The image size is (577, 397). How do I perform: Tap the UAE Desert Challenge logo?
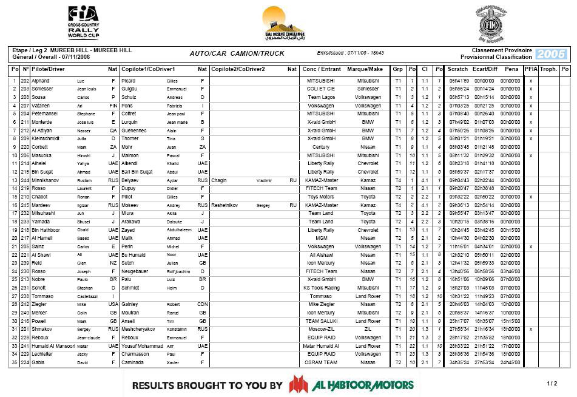283,23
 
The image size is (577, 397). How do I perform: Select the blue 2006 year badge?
552,54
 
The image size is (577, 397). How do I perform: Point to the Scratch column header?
458,69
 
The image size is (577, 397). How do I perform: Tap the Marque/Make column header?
365,69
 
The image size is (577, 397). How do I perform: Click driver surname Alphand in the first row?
41,81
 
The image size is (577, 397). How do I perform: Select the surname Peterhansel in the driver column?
46,114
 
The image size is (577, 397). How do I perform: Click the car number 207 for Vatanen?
25,106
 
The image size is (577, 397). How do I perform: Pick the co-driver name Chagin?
219,180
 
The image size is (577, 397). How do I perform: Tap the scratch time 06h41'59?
459,81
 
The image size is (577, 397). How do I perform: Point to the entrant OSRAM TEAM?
322,362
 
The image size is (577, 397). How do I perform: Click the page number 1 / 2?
552,384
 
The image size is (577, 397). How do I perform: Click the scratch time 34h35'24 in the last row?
459,362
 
